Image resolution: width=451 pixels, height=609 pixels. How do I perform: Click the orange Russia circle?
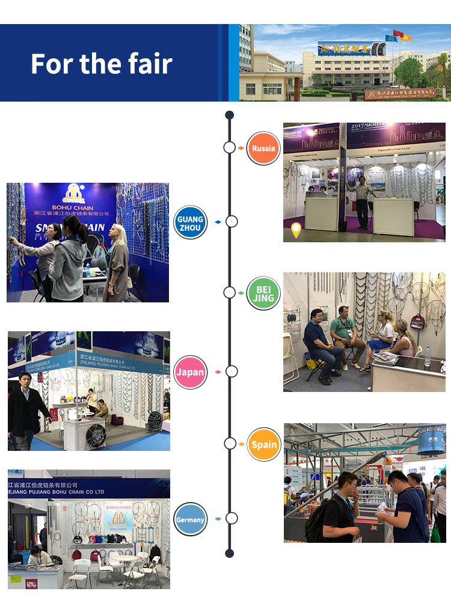[x=263, y=148]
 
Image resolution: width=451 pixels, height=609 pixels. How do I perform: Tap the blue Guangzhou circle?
[x=190, y=223]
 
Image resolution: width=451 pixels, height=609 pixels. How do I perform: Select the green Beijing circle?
[x=263, y=293]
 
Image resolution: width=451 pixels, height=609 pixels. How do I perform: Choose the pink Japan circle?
[x=190, y=372]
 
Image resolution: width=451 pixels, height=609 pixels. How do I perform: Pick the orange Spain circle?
[x=264, y=444]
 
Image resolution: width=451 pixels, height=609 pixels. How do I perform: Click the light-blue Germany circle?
[x=190, y=519]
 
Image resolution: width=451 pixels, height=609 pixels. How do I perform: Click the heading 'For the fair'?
[x=102, y=63]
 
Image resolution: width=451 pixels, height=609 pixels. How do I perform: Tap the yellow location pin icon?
[x=296, y=230]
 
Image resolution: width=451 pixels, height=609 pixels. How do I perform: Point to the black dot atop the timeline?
[x=229, y=115]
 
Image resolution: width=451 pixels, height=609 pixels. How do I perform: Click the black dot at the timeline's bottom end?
[x=229, y=552]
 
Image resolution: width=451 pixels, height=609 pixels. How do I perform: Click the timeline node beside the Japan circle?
[x=232, y=372]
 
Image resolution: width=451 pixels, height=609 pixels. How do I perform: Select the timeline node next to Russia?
[x=229, y=147]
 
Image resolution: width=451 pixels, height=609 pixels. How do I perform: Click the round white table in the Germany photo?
[x=127, y=559]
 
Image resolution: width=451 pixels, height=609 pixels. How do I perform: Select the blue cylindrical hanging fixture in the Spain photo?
[x=432, y=440]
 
